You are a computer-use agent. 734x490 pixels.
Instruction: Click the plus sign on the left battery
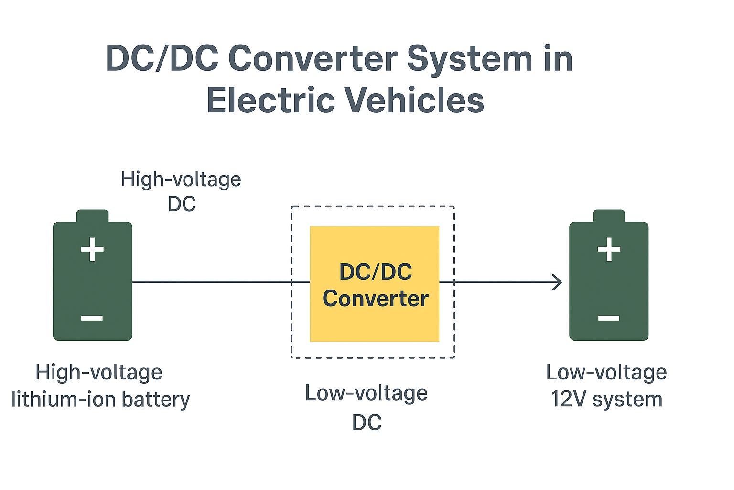pos(92,249)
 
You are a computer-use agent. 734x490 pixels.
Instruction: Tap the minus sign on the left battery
pos(92,318)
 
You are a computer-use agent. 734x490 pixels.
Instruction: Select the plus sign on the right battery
pos(609,249)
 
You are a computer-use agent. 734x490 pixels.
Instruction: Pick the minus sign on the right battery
pos(609,318)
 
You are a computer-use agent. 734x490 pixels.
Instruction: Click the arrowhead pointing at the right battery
pos(557,282)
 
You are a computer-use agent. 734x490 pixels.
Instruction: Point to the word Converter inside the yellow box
pos(375,299)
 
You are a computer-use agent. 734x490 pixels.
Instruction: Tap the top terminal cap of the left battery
pos(92,216)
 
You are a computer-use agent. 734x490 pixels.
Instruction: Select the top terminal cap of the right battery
pos(609,216)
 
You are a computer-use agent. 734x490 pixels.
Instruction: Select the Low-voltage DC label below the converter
pos(367,407)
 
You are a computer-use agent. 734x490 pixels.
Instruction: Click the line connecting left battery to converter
pos(220,282)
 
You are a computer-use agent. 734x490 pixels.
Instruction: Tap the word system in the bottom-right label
pos(627,400)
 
